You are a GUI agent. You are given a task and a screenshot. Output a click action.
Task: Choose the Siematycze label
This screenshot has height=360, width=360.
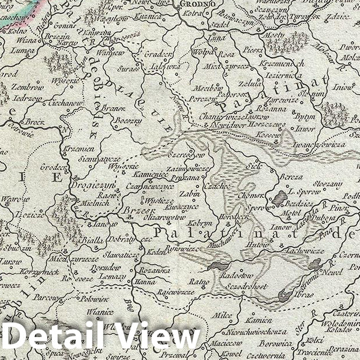pyautogui.click(x=100, y=158)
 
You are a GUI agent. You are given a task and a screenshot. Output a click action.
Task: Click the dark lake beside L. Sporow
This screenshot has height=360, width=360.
pyautogui.click(x=280, y=198)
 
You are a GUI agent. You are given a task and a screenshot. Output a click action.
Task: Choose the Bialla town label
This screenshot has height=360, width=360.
pyautogui.click(x=90, y=240)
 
